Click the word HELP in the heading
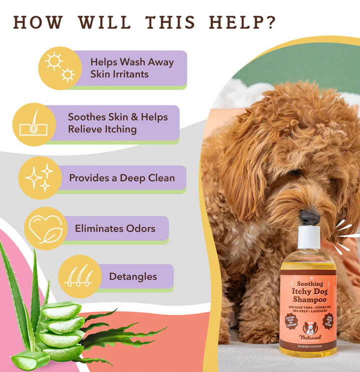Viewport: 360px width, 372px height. [x=242, y=22]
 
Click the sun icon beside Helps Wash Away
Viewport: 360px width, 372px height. [x=60, y=68]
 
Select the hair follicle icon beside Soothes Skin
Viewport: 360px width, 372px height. [x=33, y=124]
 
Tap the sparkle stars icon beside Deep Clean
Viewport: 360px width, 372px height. [x=39, y=178]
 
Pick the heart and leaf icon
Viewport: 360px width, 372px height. [x=45, y=229]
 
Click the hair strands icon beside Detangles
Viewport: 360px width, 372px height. [x=79, y=277]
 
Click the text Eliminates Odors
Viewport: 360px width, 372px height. [x=115, y=229]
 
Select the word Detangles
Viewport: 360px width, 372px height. [x=133, y=277]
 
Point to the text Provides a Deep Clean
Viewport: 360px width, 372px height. [x=122, y=178]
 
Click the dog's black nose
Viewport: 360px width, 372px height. [x=309, y=217]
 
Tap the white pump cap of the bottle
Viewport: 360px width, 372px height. [x=308, y=237]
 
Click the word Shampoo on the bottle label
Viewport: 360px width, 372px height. [x=308, y=298]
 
